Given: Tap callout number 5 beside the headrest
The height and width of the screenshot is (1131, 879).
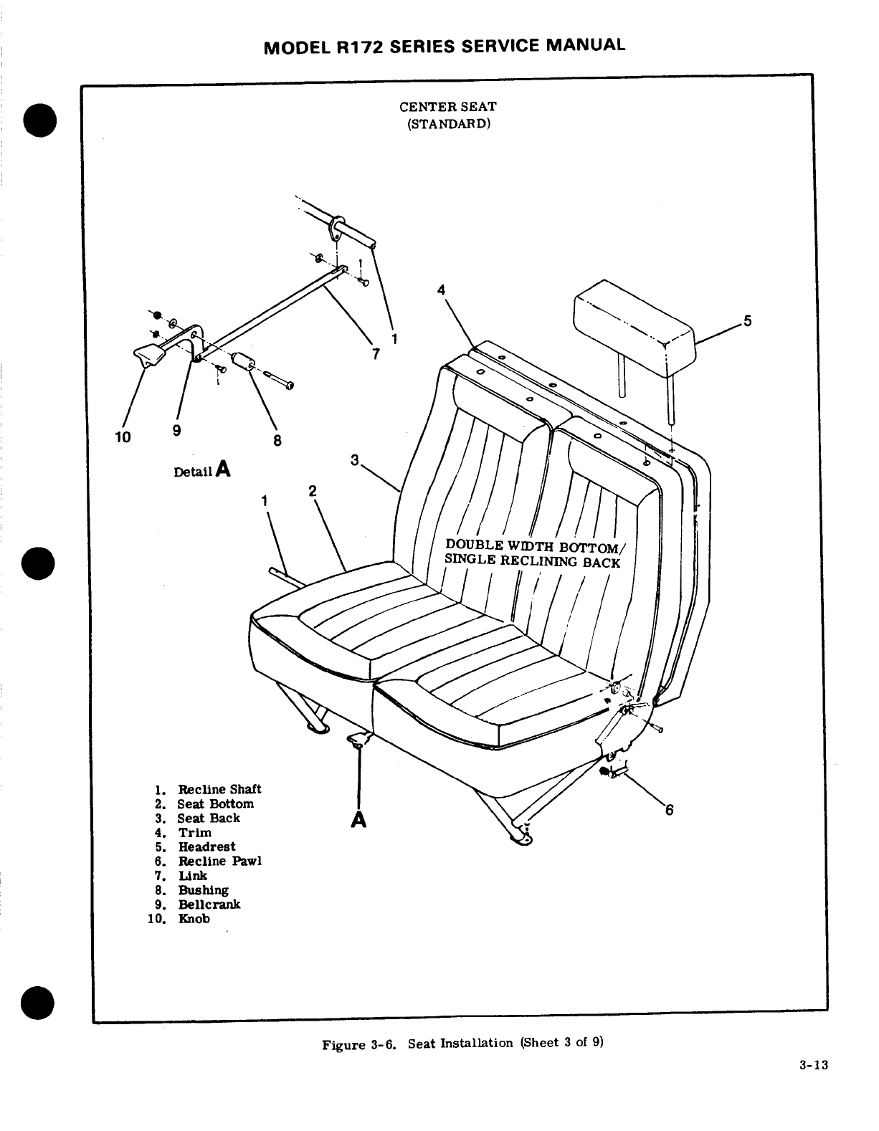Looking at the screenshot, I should click(747, 321).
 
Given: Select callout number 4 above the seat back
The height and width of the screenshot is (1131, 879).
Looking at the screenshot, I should click(442, 290).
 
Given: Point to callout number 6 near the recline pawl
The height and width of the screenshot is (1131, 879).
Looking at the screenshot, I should click(670, 810).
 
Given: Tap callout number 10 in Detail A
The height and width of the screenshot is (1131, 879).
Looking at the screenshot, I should click(122, 436).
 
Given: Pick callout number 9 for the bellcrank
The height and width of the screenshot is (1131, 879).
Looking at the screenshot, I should click(176, 430).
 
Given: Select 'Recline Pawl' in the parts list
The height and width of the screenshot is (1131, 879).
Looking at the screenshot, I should click(219, 861).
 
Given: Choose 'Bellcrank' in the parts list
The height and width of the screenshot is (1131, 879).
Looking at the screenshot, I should click(209, 904).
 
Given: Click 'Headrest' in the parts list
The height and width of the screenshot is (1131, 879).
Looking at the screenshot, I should click(206, 846).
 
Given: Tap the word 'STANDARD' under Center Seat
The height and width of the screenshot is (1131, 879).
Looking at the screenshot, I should click(448, 123).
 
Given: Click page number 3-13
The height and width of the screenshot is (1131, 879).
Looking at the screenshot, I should click(814, 1065).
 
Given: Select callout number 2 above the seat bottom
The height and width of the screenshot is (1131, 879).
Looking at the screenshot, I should click(313, 490).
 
